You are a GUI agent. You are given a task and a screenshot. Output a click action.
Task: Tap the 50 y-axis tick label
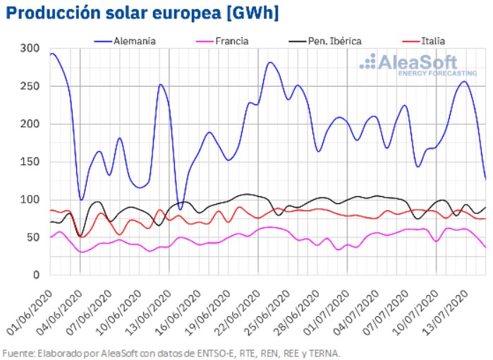(32, 237)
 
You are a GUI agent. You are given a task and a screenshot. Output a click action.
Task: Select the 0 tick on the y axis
(35, 275)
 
